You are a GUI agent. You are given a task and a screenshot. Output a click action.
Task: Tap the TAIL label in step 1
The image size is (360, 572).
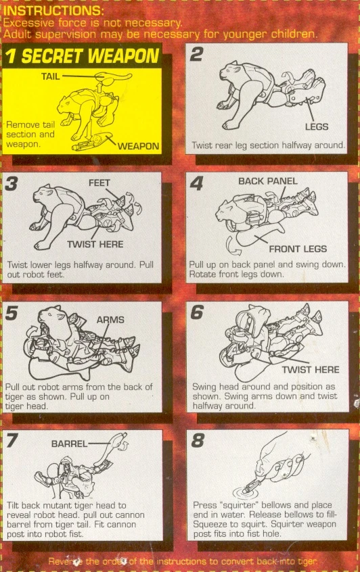[x=50, y=76]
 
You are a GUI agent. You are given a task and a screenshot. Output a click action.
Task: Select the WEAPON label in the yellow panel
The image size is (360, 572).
[x=138, y=146]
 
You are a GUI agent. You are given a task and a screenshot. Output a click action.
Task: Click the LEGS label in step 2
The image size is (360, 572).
[x=317, y=126]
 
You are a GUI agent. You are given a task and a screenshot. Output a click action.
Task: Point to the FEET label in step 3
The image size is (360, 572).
[x=99, y=183]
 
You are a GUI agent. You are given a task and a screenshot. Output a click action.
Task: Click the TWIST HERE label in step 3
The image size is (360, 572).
[x=95, y=244]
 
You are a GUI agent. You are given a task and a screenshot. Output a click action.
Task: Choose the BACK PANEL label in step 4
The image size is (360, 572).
[x=267, y=181]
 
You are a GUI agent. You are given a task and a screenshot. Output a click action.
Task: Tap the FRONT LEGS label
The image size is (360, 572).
[x=298, y=249]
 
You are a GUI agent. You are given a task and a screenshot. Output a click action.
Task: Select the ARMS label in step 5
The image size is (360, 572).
[x=110, y=320]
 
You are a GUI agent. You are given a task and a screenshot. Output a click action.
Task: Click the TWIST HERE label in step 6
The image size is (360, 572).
[x=311, y=370]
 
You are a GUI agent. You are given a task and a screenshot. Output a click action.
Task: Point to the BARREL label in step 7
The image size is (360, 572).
[x=70, y=444]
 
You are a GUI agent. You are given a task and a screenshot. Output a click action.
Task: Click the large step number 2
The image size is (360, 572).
[x=196, y=54]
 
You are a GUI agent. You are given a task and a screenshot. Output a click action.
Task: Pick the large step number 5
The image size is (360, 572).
[x=12, y=312]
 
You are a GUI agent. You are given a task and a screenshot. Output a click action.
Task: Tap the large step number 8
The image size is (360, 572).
[x=198, y=440]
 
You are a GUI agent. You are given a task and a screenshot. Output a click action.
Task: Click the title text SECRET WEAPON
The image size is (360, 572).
[x=90, y=56]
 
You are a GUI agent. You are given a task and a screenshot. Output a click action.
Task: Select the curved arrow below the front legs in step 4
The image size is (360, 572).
[x=231, y=246]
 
